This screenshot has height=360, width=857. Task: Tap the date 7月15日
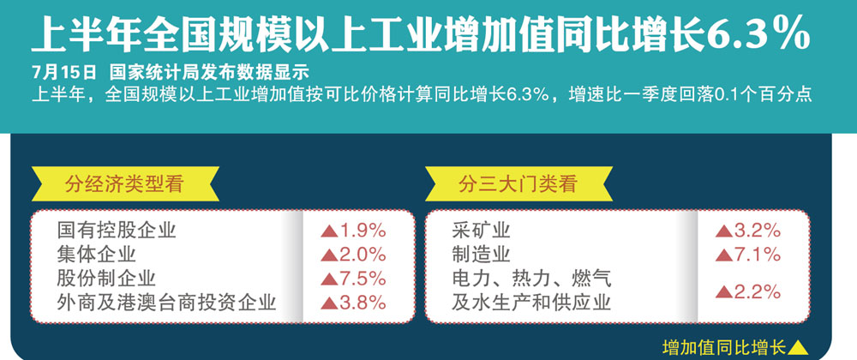[64, 71]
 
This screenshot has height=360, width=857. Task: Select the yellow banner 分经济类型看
[124, 183]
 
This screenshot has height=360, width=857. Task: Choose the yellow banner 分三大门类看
[518, 183]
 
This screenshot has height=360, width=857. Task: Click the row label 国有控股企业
[117, 231]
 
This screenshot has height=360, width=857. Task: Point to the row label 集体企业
[97, 255]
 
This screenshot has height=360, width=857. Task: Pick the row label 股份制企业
[106, 279]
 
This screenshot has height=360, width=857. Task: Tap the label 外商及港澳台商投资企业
[167, 303]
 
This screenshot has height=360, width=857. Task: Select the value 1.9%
[363, 231]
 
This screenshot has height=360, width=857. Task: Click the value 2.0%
[363, 255]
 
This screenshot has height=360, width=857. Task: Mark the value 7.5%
[363, 279]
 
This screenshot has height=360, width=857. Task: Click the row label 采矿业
[481, 231]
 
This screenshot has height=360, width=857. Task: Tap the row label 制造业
[481, 255]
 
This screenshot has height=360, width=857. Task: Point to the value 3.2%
[757, 231]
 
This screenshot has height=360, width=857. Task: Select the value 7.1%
[757, 255]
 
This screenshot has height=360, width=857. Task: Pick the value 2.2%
[757, 292]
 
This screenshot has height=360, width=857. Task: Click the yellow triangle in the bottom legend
[799, 347]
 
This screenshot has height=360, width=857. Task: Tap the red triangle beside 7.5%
[329, 279]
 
